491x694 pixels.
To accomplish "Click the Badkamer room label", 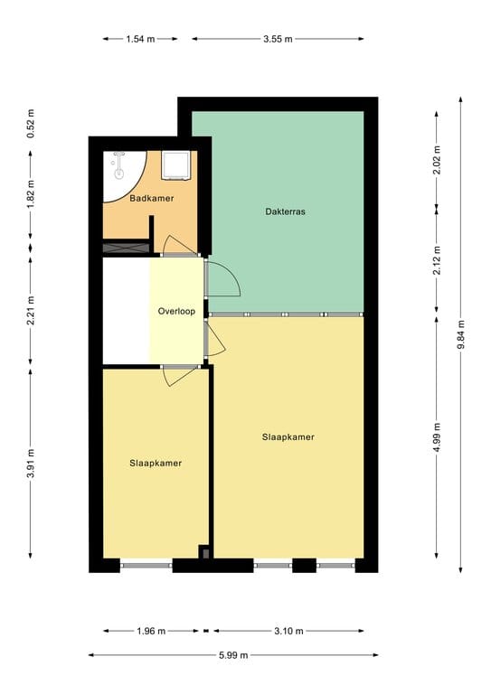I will click(151, 198).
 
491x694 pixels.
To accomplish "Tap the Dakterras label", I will click(286, 212).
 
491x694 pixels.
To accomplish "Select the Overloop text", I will click(176, 311).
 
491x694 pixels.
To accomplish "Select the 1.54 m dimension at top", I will click(139, 39).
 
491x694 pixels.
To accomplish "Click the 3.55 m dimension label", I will click(279, 39).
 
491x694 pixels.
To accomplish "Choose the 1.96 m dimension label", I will click(150, 631).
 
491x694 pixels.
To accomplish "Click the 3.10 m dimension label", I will click(289, 631).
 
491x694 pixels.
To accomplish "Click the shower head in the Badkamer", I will click(118, 164).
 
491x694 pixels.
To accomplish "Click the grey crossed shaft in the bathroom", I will click(126, 246).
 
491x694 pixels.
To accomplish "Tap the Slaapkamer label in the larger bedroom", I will click(288, 437).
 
